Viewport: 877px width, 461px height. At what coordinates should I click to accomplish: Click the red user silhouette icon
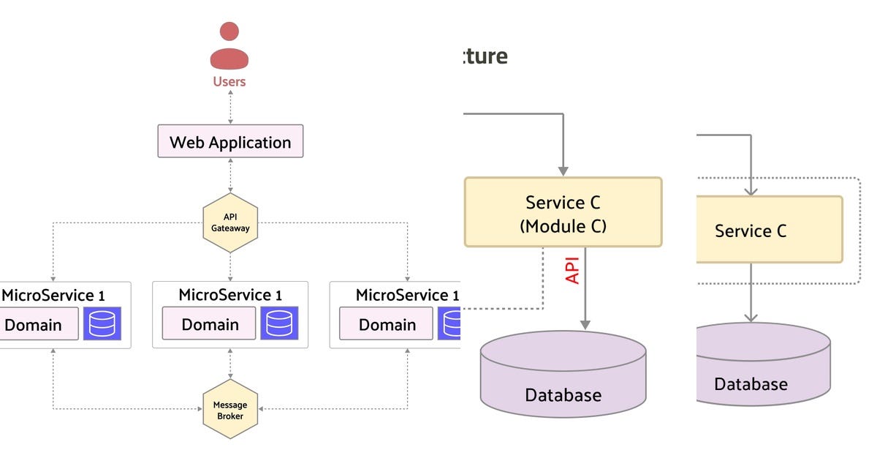229,46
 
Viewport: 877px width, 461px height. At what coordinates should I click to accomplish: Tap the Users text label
229,81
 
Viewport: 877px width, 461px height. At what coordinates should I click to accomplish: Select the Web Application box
230,141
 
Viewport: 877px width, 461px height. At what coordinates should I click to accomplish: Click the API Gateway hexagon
230,222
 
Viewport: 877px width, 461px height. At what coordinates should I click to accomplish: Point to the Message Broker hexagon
230,410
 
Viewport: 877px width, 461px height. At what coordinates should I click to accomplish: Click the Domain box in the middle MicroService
210,324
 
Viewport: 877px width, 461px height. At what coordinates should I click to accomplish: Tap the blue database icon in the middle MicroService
279,323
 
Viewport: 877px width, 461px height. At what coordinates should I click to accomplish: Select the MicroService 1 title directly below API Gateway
230,295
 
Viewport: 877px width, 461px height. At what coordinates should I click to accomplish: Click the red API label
573,269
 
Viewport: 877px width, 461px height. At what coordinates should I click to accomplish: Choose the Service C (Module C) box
563,212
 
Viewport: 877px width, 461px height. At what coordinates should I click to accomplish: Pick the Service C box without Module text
767,230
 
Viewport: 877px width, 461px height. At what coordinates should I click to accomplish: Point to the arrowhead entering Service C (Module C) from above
563,170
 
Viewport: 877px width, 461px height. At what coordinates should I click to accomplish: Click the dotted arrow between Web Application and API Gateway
230,176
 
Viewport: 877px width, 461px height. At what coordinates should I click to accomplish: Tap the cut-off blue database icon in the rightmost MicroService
449,323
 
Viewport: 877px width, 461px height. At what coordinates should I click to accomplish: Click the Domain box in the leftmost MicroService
37,324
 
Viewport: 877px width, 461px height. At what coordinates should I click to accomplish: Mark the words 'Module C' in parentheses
563,226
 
